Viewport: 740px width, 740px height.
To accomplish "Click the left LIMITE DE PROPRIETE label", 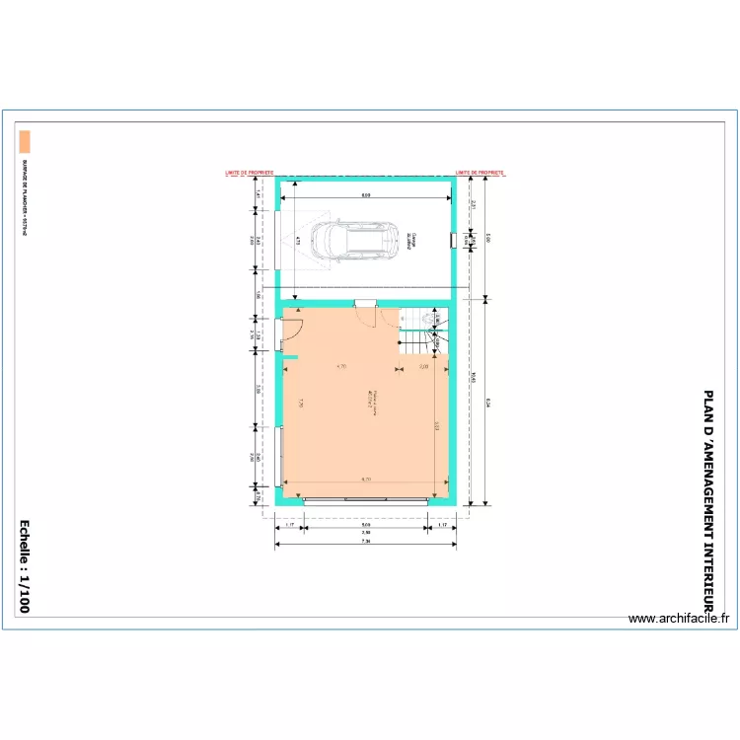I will (250, 172).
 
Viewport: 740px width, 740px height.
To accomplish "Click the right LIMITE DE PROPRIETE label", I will (481, 172).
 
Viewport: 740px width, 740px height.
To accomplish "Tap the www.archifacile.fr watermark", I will (681, 619).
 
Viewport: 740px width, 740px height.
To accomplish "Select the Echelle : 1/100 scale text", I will (25, 567).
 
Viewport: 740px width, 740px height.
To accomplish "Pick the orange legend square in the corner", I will (25, 140).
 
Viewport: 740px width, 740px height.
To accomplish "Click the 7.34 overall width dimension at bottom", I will (365, 542).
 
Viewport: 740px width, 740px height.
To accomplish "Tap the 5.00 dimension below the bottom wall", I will (365, 525).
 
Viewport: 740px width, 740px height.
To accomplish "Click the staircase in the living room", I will (419, 340).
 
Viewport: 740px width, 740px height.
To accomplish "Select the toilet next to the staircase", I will (429, 319).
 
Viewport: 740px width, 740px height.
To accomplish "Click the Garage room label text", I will (412, 240).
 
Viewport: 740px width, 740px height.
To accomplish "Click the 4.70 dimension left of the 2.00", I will (340, 367).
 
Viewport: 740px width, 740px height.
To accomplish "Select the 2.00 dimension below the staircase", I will (423, 367).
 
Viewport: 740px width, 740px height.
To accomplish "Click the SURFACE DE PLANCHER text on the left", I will (25, 197).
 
